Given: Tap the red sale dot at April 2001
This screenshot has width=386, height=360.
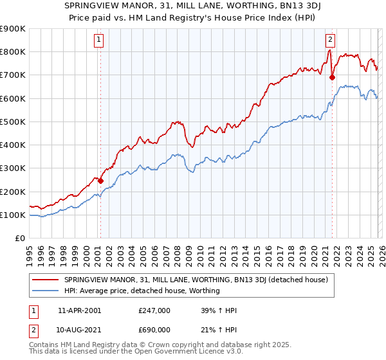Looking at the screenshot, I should click(x=100, y=181).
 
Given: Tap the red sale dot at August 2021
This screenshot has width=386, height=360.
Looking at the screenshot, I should click(x=332, y=78).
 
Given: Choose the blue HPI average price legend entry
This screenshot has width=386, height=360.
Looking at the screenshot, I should click(x=142, y=291).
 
